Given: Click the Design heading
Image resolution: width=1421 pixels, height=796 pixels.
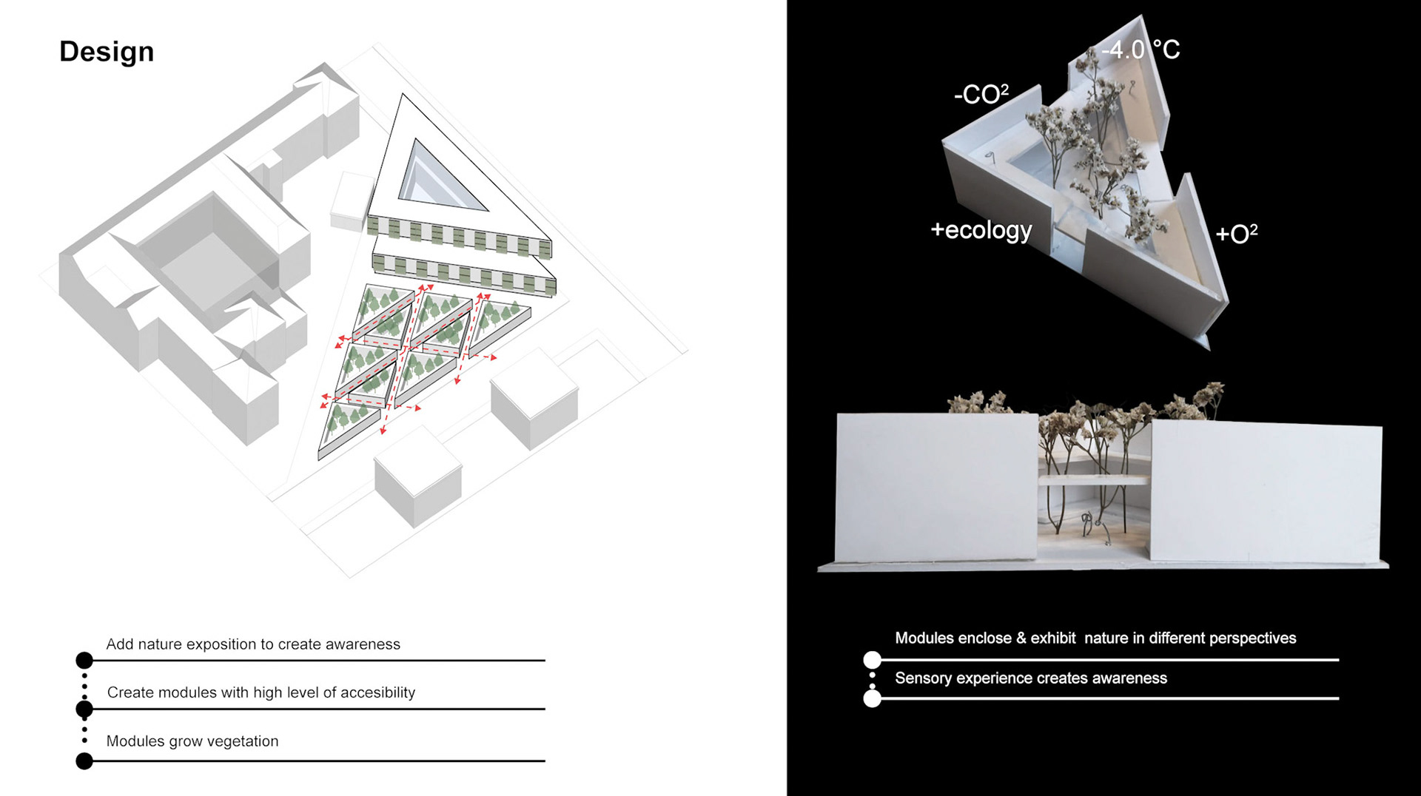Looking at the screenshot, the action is pyautogui.click(x=107, y=52).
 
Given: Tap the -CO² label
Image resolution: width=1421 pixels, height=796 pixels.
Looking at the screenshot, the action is pyautogui.click(x=981, y=94).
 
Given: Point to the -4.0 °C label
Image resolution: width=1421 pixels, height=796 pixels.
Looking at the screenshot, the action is pyautogui.click(x=1141, y=50).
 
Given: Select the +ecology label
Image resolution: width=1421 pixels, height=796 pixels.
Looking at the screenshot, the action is pyautogui.click(x=981, y=230).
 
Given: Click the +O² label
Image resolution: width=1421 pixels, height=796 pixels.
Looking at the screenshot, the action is pyautogui.click(x=1236, y=234).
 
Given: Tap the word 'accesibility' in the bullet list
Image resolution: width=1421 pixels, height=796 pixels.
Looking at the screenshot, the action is pyautogui.click(x=372, y=692).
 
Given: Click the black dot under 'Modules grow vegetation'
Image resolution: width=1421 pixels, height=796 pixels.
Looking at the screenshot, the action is pyautogui.click(x=84, y=760).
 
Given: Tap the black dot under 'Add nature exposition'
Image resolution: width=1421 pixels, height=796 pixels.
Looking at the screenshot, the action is pyautogui.click(x=84, y=660).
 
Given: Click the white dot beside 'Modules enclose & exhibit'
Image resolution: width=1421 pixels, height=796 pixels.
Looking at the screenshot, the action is pyautogui.click(x=873, y=659).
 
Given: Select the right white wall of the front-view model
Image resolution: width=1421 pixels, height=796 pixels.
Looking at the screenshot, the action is pyautogui.click(x=1266, y=492).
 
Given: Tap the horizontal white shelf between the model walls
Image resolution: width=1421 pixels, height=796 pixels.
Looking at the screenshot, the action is pyautogui.click(x=1094, y=480).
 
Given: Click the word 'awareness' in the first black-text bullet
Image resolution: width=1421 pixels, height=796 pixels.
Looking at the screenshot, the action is pyautogui.click(x=363, y=644).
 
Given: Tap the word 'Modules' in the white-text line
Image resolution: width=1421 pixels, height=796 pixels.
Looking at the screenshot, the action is pyautogui.click(x=925, y=638).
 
